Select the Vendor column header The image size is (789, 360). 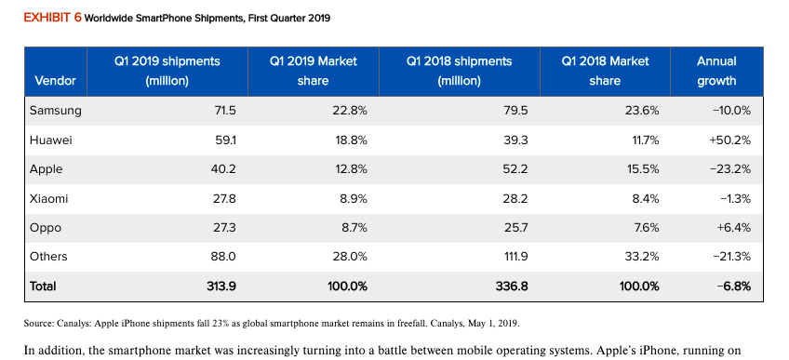(54, 81)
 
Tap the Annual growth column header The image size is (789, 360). (715, 71)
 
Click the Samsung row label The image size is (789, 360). (56, 111)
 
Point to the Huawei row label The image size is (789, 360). (51, 140)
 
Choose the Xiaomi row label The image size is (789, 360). (49, 198)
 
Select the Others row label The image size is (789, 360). (49, 257)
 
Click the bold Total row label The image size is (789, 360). (44, 286)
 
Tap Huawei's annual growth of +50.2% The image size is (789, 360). (729, 140)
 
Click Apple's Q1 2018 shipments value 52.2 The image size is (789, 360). (515, 169)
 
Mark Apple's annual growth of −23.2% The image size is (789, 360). (730, 169)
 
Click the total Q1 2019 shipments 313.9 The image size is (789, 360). (221, 286)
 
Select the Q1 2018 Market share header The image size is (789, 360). (605, 71)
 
